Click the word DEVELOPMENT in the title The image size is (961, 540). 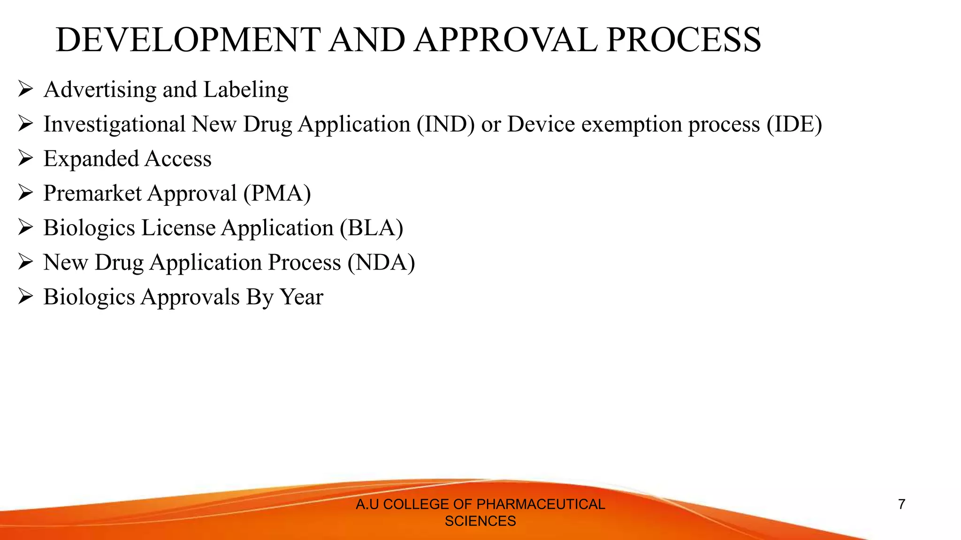point(188,40)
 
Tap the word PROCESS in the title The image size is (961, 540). point(684,40)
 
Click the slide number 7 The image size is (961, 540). point(901,504)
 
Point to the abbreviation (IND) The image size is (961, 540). point(445,124)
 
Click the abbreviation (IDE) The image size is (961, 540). point(794,124)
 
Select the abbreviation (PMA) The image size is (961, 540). point(277,193)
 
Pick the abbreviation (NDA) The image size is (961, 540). point(381,262)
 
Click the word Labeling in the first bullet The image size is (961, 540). point(246,90)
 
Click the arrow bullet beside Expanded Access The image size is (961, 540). point(25,158)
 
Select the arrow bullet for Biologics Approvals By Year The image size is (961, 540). point(25,296)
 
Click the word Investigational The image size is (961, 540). point(114,124)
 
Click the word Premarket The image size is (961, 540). point(92,193)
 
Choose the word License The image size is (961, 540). point(178,228)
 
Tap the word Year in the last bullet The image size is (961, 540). point(301,297)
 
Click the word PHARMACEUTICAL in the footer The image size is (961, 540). point(541,504)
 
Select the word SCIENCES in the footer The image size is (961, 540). point(480,521)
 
